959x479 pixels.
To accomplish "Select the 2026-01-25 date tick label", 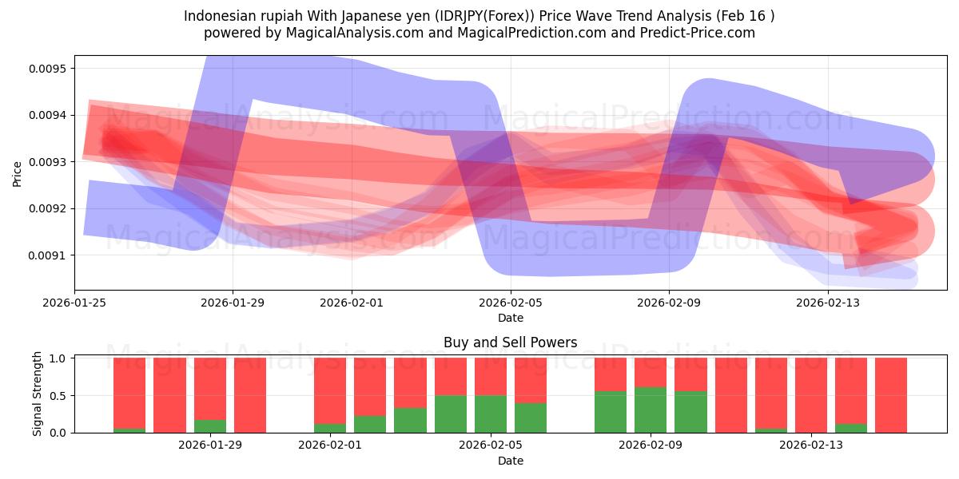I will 75,303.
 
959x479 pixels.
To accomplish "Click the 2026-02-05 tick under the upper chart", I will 511,303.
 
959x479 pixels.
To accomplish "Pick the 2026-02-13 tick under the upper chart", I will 827,303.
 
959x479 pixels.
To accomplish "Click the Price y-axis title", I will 18,173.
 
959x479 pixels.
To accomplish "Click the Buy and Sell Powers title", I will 511,342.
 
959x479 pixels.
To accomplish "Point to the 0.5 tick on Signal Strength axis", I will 58,396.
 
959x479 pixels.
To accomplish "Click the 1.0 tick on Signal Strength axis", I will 58,358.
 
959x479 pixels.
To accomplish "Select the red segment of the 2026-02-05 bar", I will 491,376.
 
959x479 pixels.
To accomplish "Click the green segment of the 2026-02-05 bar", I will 491,414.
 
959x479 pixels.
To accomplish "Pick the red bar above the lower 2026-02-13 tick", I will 811,395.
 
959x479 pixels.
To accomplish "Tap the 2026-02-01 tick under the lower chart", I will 330,445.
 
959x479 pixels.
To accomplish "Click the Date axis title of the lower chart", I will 511,461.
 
